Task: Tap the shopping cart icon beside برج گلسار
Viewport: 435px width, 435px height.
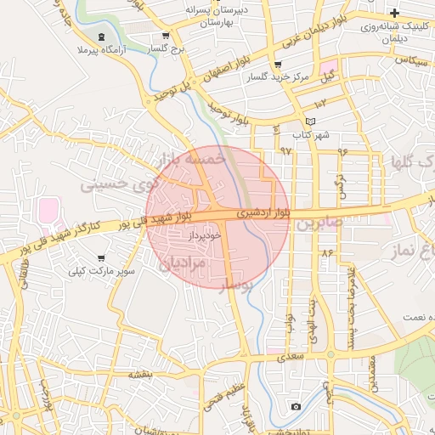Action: pyautogui.click(x=166, y=37)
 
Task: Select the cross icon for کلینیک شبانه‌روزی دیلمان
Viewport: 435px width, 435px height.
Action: pyautogui.click(x=394, y=13)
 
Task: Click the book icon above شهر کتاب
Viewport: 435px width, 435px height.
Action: pyautogui.click(x=309, y=121)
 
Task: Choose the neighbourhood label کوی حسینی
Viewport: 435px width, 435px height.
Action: pyautogui.click(x=120, y=182)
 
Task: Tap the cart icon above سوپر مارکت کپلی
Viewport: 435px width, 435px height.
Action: pyautogui.click(x=102, y=258)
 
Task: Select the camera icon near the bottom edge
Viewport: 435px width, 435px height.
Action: pyautogui.click(x=295, y=407)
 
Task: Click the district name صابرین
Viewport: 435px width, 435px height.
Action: pyautogui.click(x=319, y=224)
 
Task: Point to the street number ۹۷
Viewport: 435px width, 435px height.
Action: pyautogui.click(x=285, y=150)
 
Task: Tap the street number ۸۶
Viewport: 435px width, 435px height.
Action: pyautogui.click(x=327, y=252)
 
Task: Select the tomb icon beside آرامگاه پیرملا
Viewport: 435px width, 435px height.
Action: pyautogui.click(x=102, y=37)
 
